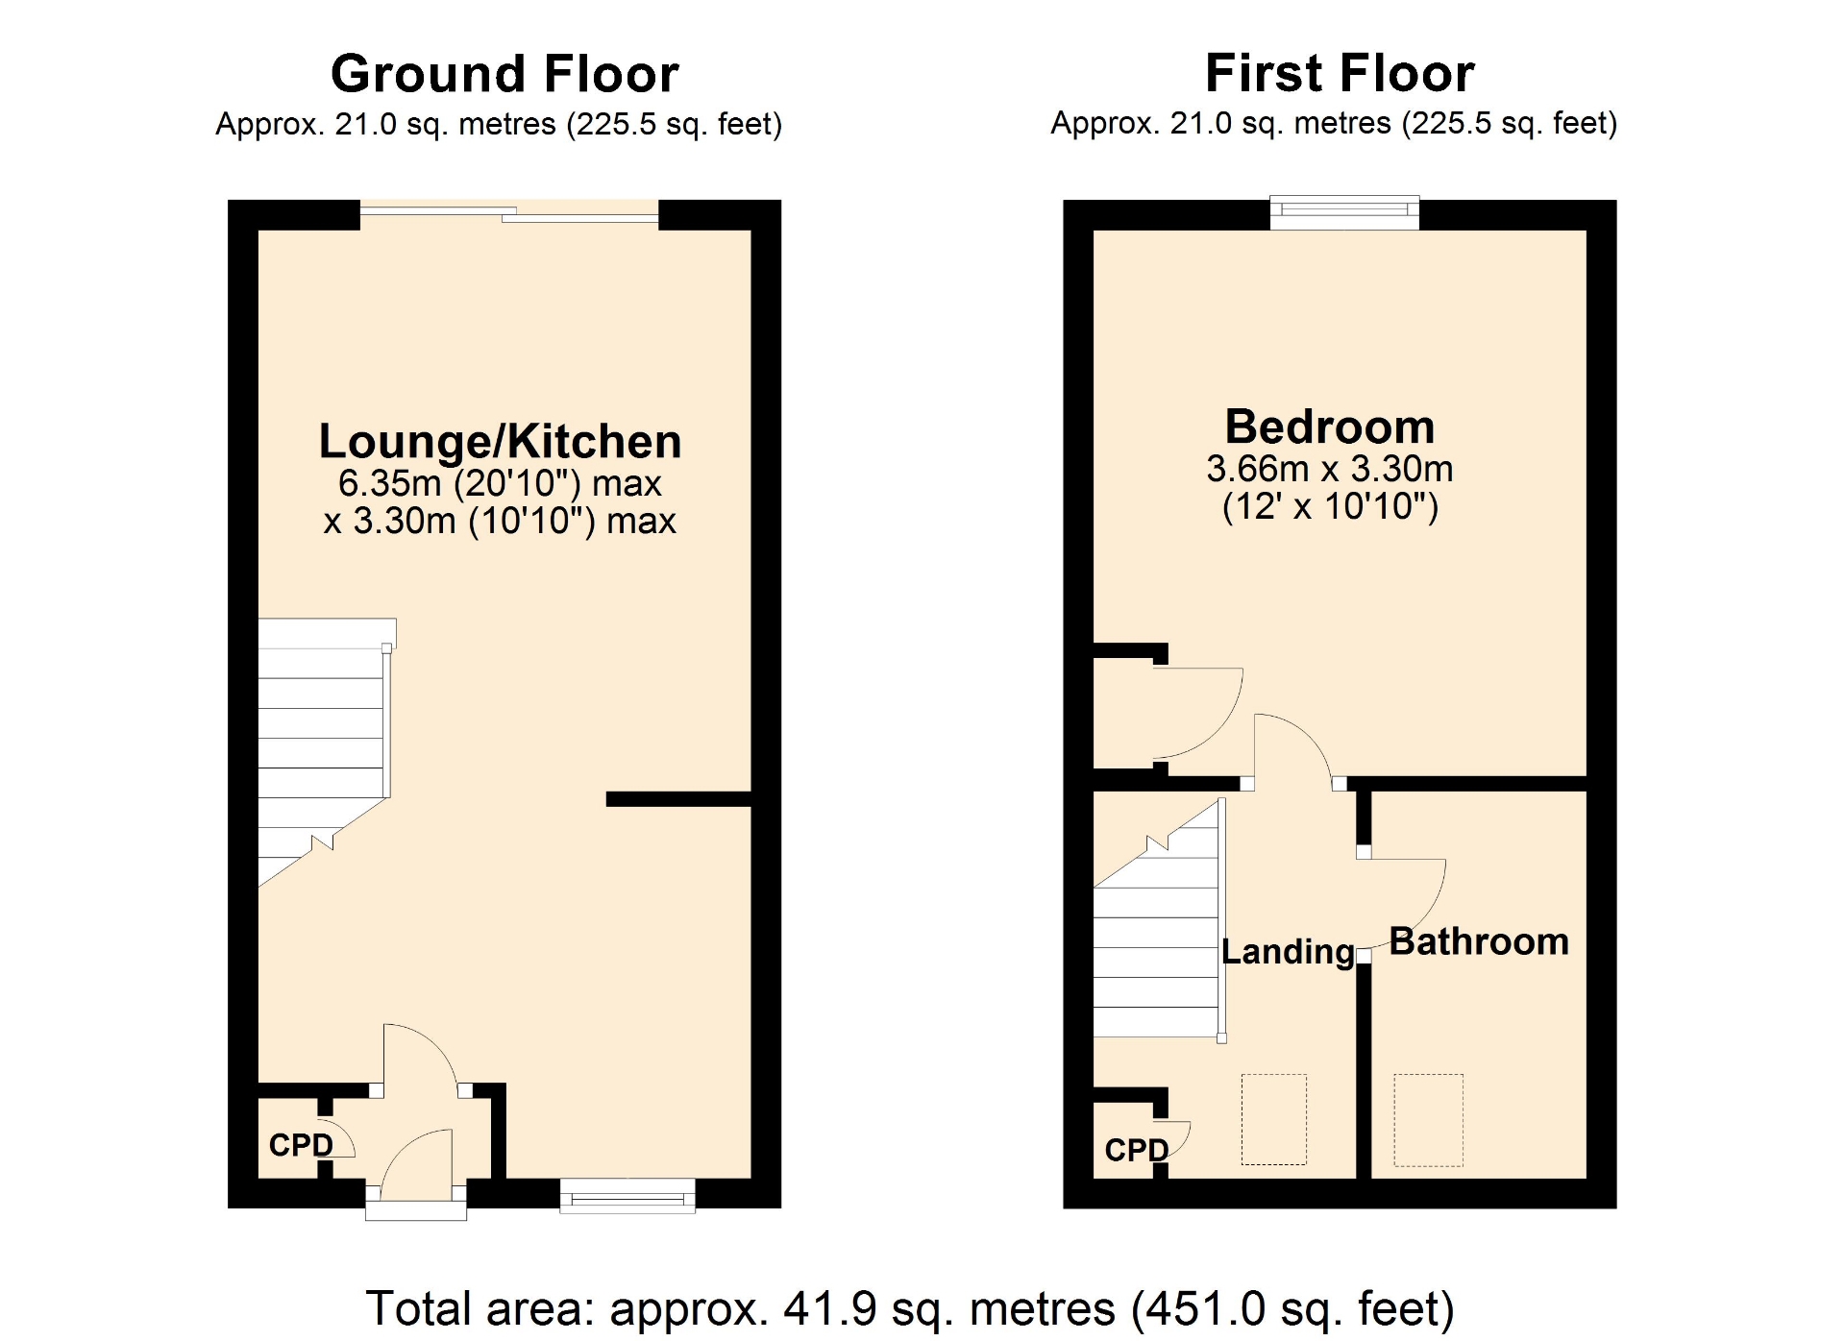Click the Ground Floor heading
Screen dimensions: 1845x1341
coord(504,74)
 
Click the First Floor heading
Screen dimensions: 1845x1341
coord(1340,73)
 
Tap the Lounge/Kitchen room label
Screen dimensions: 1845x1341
coord(500,442)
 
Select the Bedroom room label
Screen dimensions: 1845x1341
coord(1330,427)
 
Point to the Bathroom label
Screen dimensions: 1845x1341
coord(1479,941)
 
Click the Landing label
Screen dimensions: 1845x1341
coord(1288,952)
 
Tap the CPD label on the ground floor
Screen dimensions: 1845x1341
coord(301,1145)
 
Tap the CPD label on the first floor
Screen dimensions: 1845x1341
coord(1137,1150)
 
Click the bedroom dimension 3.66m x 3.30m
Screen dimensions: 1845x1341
coord(1330,469)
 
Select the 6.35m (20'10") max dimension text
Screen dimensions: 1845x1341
coord(500,483)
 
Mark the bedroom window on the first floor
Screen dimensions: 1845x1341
coord(1344,212)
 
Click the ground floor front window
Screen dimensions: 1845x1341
coord(627,1195)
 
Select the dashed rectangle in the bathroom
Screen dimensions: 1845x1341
coord(1428,1120)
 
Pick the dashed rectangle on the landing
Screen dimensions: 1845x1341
coord(1274,1119)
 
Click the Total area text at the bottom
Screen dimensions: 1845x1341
coord(910,1309)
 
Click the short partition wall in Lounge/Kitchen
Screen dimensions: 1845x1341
coord(678,799)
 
